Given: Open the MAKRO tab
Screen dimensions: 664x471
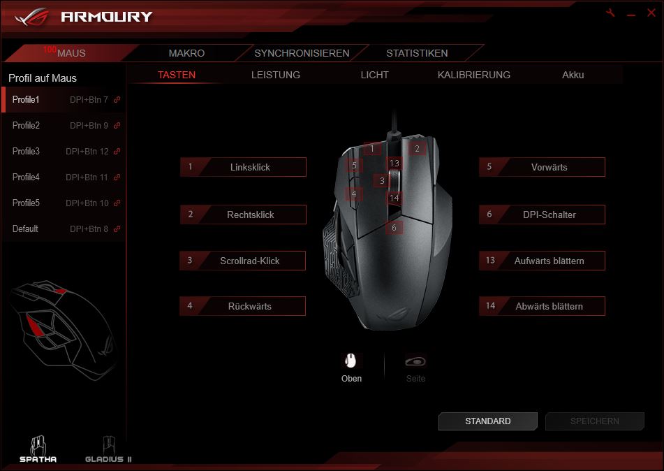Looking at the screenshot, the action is point(186,53).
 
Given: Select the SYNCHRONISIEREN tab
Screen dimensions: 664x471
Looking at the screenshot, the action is point(302,53).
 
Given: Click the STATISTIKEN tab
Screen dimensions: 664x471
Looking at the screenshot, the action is point(417,53).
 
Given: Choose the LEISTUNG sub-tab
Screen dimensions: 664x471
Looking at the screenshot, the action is point(275,75).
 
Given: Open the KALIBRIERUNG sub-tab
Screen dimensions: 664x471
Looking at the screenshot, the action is point(473,75).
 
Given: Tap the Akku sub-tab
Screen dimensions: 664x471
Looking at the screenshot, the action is point(573,75).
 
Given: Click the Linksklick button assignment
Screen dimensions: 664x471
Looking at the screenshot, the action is point(243,167).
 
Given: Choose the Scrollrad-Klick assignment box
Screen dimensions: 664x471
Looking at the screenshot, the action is point(243,261).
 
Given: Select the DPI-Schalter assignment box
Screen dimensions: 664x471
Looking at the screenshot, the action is point(542,215).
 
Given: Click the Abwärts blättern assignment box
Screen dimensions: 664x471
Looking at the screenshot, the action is point(542,306).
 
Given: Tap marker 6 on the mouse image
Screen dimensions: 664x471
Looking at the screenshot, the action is point(394,228).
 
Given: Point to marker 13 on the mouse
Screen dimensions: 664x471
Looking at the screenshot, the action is point(394,164).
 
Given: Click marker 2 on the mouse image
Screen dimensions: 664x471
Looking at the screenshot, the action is point(417,148).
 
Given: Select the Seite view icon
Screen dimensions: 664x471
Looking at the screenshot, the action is point(415,361).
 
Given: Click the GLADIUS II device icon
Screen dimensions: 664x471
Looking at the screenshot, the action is point(108,450).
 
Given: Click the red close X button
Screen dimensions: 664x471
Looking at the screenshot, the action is point(651,13).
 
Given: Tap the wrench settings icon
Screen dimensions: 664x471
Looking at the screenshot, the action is point(611,13).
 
